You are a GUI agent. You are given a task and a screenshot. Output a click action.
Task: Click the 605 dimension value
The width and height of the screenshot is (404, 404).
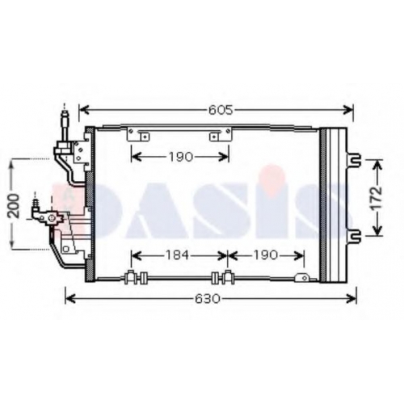[x=221, y=110]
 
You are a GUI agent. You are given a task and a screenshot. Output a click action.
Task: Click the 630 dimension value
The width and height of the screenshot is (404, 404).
[x=208, y=299]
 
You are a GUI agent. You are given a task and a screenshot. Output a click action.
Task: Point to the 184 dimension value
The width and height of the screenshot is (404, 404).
[x=177, y=255]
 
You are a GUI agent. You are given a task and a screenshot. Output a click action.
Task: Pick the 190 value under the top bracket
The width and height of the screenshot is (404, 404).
[x=181, y=157]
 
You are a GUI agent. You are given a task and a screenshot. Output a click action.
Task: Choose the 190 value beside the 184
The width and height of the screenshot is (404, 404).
[x=265, y=255]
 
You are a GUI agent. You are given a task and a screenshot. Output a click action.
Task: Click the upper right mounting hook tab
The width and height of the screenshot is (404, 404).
[x=353, y=158]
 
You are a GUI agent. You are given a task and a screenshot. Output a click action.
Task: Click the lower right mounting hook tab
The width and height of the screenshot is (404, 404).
[x=353, y=235]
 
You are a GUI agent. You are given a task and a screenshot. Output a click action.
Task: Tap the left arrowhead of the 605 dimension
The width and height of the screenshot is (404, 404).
[x=84, y=110]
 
